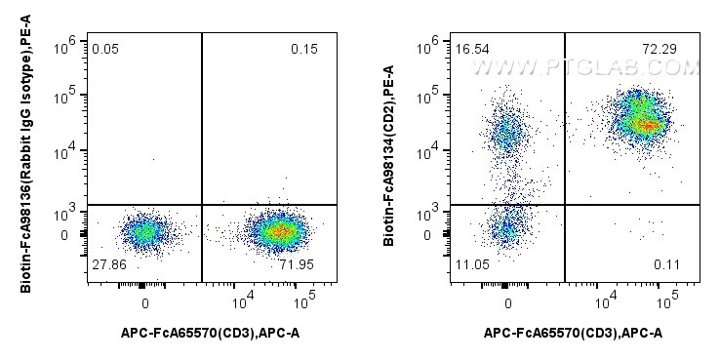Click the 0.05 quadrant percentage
coord(105,49)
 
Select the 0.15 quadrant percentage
coord(304,49)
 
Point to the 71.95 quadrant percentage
coord(298,265)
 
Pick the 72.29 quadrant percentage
coord(660,49)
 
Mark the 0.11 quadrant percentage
coord(666,265)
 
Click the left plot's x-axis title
coord(211,334)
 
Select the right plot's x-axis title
coord(573,334)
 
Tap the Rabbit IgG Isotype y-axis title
coord(26,153)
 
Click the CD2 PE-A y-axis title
coord(389,155)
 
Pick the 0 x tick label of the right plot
coord(508,304)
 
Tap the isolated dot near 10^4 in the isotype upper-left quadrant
coord(153,159)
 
